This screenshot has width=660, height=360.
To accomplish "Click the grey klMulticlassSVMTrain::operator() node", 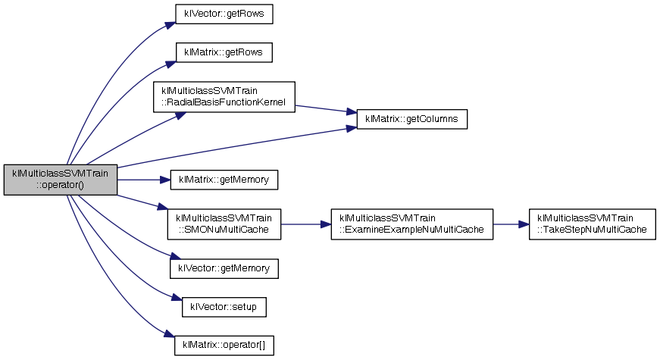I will point(61,180).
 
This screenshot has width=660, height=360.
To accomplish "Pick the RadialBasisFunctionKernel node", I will point(224,97).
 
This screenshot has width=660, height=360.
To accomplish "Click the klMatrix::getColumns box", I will point(411,120).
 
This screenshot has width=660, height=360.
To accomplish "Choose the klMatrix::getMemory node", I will point(225,180).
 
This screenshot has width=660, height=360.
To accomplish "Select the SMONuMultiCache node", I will point(224,224).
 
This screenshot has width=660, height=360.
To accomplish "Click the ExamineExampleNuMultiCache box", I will point(411,224).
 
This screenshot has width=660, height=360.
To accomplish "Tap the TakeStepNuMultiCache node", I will point(591,224).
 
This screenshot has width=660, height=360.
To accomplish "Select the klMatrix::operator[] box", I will point(224,345).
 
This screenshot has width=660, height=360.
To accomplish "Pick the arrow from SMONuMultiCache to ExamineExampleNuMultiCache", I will point(305,224).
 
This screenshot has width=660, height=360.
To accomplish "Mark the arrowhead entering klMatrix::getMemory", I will point(164,180).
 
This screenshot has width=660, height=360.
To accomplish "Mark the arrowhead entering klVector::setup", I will point(177,302).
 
